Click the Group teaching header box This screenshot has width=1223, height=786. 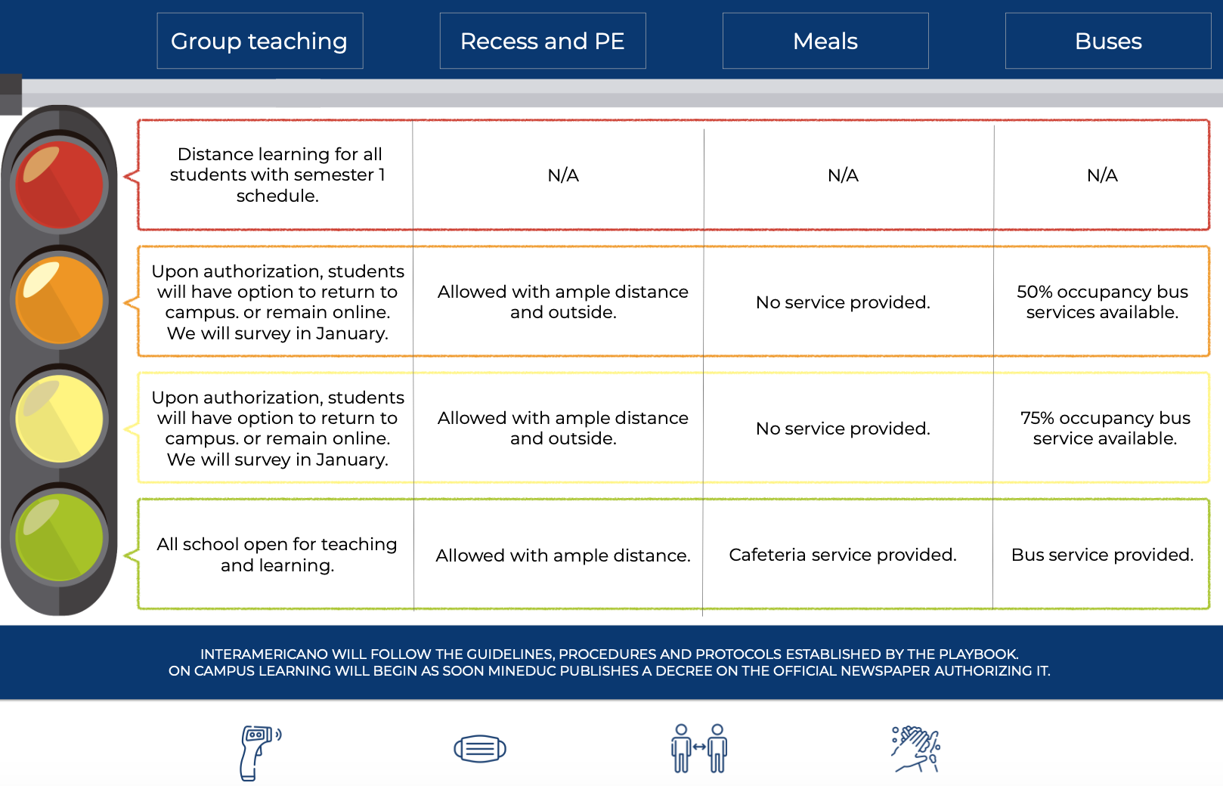pyautogui.click(x=260, y=41)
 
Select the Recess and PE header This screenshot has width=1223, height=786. pyautogui.click(x=543, y=41)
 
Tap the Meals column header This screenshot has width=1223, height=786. pyautogui.click(x=825, y=41)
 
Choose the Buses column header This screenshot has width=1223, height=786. pyautogui.click(x=1108, y=41)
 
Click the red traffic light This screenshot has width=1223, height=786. pyautogui.click(x=59, y=184)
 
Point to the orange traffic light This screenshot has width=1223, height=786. pyautogui.click(x=59, y=300)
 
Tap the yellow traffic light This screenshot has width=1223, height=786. pyautogui.click(x=59, y=419)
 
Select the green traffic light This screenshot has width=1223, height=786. pyautogui.click(x=59, y=537)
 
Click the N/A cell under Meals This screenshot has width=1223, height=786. pyautogui.click(x=843, y=175)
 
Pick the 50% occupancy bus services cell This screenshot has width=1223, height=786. pyautogui.click(x=1102, y=302)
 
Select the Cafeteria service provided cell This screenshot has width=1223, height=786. pyautogui.click(x=843, y=555)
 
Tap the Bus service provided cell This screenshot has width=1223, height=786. pyautogui.click(x=1102, y=555)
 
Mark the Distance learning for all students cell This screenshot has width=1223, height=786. pyautogui.click(x=277, y=175)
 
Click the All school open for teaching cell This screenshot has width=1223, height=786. pyautogui.click(x=277, y=555)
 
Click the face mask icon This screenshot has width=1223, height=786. pyautogui.click(x=480, y=748)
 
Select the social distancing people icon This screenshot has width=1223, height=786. pyautogui.click(x=699, y=748)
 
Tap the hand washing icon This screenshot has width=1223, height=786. pyautogui.click(x=916, y=749)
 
